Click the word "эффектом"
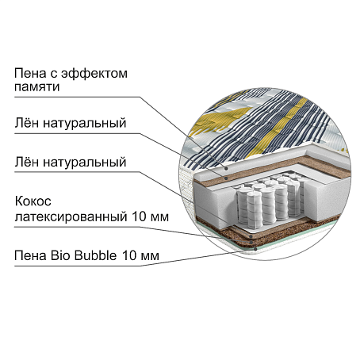94,74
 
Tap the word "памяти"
37,87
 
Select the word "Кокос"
33,201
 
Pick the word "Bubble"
96,255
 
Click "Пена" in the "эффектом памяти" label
30,74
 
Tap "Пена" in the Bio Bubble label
31,255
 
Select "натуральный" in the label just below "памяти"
85,124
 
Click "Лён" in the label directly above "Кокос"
27,162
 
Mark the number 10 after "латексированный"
139,216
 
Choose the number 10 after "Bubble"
129,255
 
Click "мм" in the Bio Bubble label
150,257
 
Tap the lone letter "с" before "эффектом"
54,75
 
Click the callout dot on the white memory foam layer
226,168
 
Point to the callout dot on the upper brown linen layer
226,178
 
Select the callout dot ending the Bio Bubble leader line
255,249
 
